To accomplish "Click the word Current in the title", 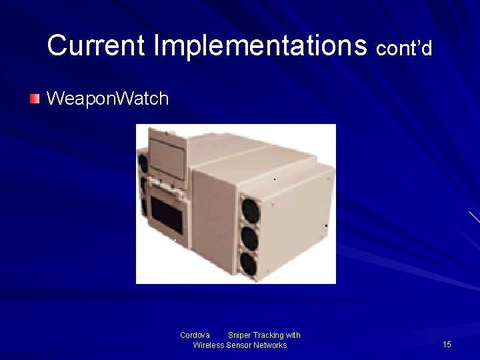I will (96, 45).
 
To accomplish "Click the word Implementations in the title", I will (260, 45).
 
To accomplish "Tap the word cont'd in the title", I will (404, 48).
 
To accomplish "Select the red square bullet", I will (35, 99).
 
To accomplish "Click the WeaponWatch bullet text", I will (107, 99).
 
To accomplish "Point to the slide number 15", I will (447, 344).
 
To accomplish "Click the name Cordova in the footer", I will (195, 335).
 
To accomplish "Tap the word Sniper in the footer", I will (239, 335).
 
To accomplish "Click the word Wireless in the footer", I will (209, 345).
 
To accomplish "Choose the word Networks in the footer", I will (271, 345).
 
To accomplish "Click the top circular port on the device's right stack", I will (250, 211).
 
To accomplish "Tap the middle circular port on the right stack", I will (249, 238).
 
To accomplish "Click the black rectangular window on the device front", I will (167, 211).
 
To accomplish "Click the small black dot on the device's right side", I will (326, 226).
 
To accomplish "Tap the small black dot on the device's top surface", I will (275, 179).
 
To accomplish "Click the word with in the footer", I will (293, 335).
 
